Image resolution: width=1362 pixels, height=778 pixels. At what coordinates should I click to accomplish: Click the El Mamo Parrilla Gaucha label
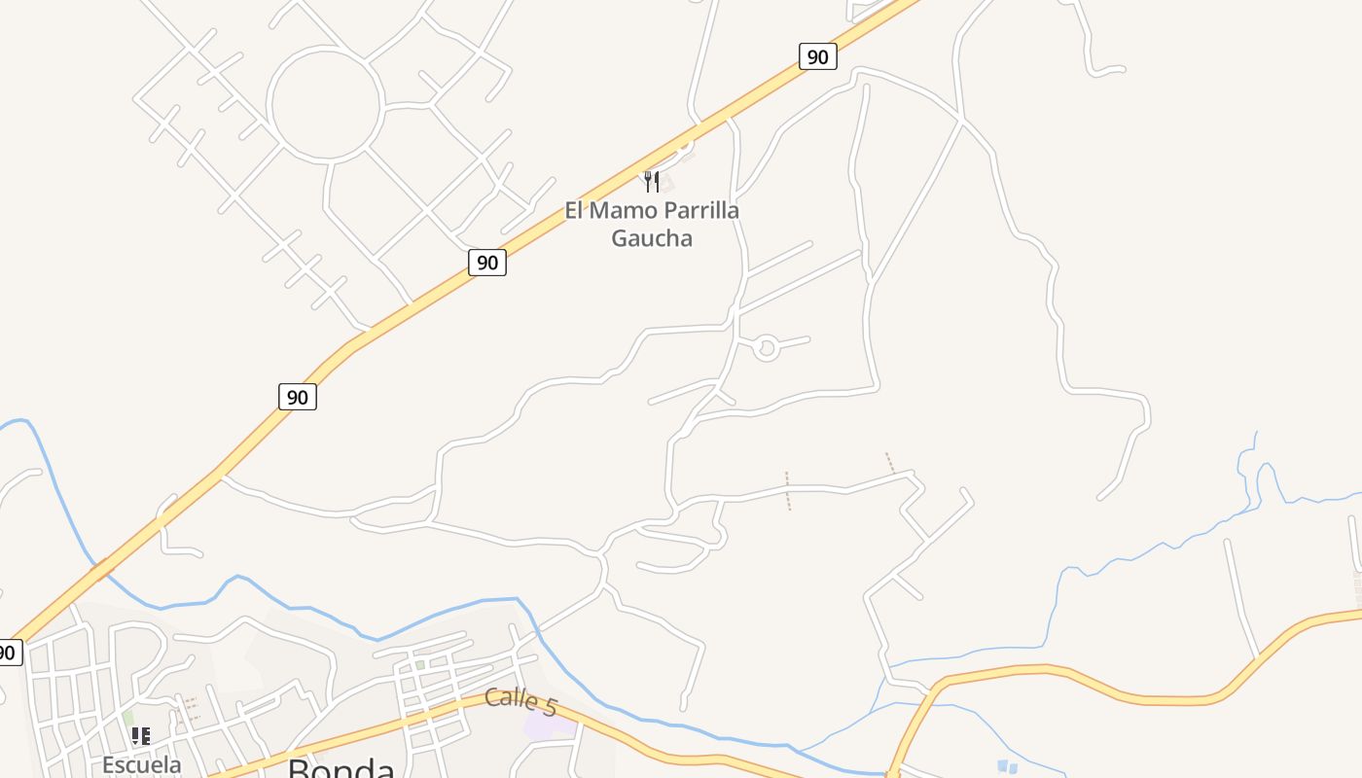652,224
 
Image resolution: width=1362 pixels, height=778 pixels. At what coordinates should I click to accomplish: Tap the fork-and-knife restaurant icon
652,181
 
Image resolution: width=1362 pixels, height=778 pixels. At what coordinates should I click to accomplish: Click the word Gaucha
652,237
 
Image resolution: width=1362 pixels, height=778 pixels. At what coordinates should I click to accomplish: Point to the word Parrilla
696,210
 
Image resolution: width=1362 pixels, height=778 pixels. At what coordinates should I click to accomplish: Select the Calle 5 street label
520,700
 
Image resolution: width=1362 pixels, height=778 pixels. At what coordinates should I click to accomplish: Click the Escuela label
142,764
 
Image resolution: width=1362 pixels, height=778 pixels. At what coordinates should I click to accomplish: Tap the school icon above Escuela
141,736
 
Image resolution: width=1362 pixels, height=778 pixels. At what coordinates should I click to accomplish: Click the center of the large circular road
325,105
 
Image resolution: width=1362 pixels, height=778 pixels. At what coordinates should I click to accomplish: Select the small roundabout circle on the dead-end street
767,347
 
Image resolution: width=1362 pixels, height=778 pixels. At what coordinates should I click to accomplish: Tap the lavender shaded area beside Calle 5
545,725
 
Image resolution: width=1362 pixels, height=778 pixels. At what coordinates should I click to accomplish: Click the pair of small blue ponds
1007,767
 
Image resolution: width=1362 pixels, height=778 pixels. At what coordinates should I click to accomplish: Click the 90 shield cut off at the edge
8,652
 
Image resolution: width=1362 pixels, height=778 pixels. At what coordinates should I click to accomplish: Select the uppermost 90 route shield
817,56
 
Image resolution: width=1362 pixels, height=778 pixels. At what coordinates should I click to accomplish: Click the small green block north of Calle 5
419,665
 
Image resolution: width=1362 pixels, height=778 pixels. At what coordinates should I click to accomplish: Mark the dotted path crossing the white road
788,491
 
